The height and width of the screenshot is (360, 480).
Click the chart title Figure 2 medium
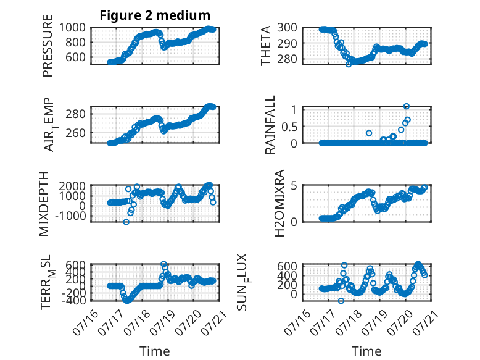(x=155, y=15)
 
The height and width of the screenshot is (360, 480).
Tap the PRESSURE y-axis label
(x=48, y=46)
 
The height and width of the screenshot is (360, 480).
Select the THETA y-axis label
(x=266, y=46)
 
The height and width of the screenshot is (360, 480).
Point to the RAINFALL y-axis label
(x=270, y=125)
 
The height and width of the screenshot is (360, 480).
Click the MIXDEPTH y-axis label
(x=44, y=204)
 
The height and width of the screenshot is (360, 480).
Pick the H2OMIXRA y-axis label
(x=279, y=203)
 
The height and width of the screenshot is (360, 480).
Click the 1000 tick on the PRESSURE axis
(x=72, y=28)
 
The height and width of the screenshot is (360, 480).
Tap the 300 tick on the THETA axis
(x=287, y=28)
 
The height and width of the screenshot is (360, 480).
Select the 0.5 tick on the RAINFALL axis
(x=289, y=127)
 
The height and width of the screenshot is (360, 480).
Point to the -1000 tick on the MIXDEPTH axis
(x=70, y=216)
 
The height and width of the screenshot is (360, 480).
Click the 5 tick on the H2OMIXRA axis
(x=294, y=186)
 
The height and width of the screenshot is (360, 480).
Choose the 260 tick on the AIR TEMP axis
(x=75, y=133)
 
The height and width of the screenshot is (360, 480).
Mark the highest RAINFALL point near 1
(x=407, y=106)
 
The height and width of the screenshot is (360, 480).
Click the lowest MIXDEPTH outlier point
(x=126, y=222)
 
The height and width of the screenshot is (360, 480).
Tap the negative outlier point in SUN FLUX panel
(x=341, y=301)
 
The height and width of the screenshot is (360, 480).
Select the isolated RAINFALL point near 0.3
(x=369, y=133)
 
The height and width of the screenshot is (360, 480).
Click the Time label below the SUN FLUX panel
(x=366, y=351)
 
